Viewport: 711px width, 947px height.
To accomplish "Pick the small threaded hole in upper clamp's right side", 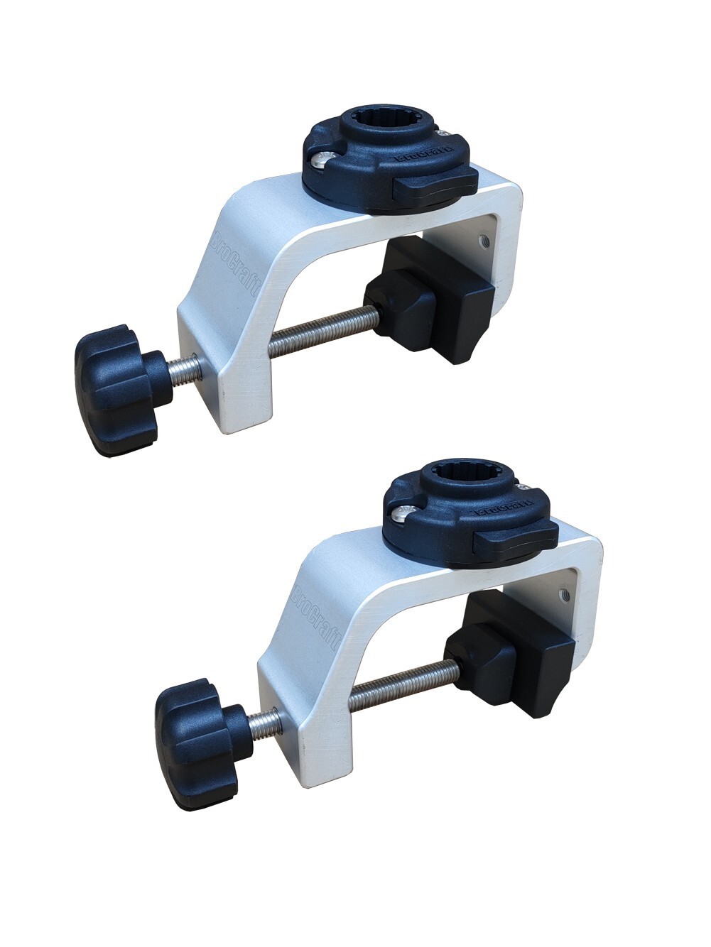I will coord(484,241).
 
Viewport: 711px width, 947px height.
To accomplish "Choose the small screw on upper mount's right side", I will coord(444,133).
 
